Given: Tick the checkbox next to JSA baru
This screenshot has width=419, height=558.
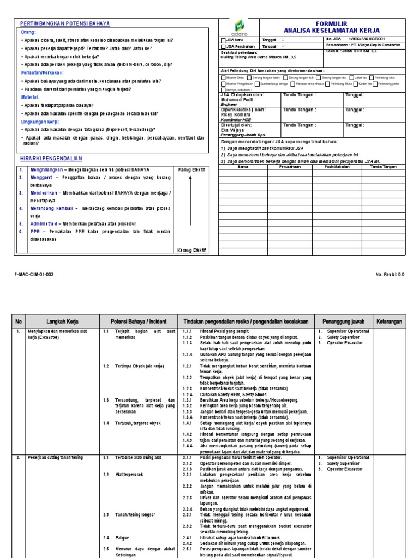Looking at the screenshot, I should (223, 40).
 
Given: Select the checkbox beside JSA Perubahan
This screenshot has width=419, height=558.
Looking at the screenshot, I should (223, 46).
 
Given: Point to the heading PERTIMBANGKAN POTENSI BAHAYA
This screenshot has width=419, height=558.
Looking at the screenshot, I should (65, 23).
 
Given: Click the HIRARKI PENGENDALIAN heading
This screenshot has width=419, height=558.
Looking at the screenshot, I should (50, 158).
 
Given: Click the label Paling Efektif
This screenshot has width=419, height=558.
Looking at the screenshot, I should (191, 169).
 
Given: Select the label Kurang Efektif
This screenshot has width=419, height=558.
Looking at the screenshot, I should (191, 250).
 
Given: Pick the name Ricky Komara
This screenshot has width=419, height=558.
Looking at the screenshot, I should (235, 114).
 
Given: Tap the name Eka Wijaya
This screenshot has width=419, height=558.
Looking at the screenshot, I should (232, 130).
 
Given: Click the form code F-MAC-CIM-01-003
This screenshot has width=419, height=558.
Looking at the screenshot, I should (34, 275).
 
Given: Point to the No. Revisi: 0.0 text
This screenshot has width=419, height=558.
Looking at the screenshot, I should (390, 275).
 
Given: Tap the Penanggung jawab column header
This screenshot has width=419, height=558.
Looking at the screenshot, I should (343, 322).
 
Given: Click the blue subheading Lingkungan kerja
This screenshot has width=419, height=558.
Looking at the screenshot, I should (39, 122).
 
